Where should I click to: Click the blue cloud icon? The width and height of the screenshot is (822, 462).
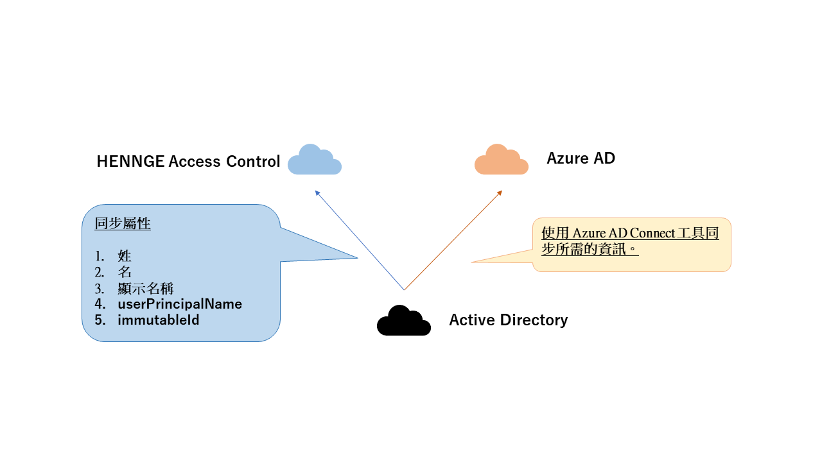315,160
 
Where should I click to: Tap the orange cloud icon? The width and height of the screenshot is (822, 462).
502,160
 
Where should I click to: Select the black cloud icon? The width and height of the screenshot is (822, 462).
404,321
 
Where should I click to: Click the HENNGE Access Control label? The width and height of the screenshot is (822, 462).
188,161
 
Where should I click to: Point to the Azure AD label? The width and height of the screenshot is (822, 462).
581,158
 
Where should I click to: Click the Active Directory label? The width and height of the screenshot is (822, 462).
508,320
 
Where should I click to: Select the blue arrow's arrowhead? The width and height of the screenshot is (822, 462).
317,193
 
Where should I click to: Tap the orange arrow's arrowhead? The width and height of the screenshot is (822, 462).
500,193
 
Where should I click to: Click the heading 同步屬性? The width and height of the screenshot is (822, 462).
123,223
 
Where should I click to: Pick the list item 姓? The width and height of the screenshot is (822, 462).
125,255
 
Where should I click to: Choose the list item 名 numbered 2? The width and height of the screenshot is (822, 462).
125,271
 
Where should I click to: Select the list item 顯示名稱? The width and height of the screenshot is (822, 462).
146,288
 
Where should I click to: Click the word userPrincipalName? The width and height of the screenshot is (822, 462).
180,304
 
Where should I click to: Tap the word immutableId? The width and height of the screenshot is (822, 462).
158,320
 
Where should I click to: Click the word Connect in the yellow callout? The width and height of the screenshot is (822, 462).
652,233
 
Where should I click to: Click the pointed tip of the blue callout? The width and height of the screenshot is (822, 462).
358,258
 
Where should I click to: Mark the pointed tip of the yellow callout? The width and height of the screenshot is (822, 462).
472,262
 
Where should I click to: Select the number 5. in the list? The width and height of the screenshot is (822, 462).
100,320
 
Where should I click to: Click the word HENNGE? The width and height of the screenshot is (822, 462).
130,161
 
